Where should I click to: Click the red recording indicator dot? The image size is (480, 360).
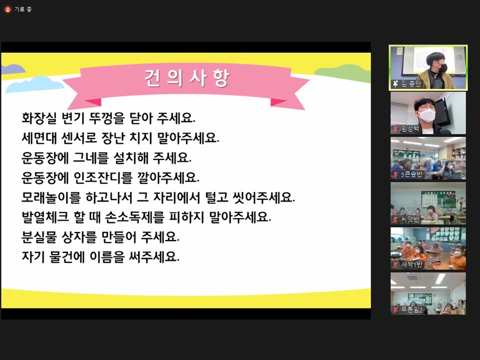pos(7,9)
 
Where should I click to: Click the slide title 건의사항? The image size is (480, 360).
pos(186,78)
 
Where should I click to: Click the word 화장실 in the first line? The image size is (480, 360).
pos(39,118)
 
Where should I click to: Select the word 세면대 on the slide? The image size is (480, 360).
pos(39,138)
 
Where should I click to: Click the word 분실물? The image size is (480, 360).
pos(39,237)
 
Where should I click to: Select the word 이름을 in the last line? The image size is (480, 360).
pos(107,257)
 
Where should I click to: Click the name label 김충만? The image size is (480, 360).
pos(411,84)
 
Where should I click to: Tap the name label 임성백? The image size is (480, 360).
pos(410,129)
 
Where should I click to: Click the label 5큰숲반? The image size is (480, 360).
pos(411,174)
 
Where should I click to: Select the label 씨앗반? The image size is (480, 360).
pos(410,219)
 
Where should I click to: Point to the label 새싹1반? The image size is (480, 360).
pos(411,264)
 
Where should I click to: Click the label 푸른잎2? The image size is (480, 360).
pos(411,309)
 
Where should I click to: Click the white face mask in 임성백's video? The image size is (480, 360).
pos(426,115)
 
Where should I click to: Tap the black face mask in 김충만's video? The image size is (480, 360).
pos(442,67)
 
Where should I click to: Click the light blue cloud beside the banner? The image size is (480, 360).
pos(34,84)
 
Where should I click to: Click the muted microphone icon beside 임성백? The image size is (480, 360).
pos(395,129)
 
